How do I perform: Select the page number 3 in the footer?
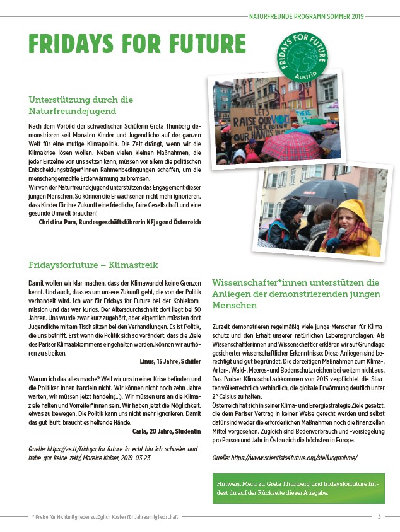[379, 516]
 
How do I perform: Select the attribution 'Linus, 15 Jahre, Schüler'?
[170, 361]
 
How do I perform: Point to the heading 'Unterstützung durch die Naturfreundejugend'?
[81, 105]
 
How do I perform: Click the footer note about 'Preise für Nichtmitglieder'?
[105, 516]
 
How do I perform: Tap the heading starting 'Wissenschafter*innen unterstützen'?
[296, 293]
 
